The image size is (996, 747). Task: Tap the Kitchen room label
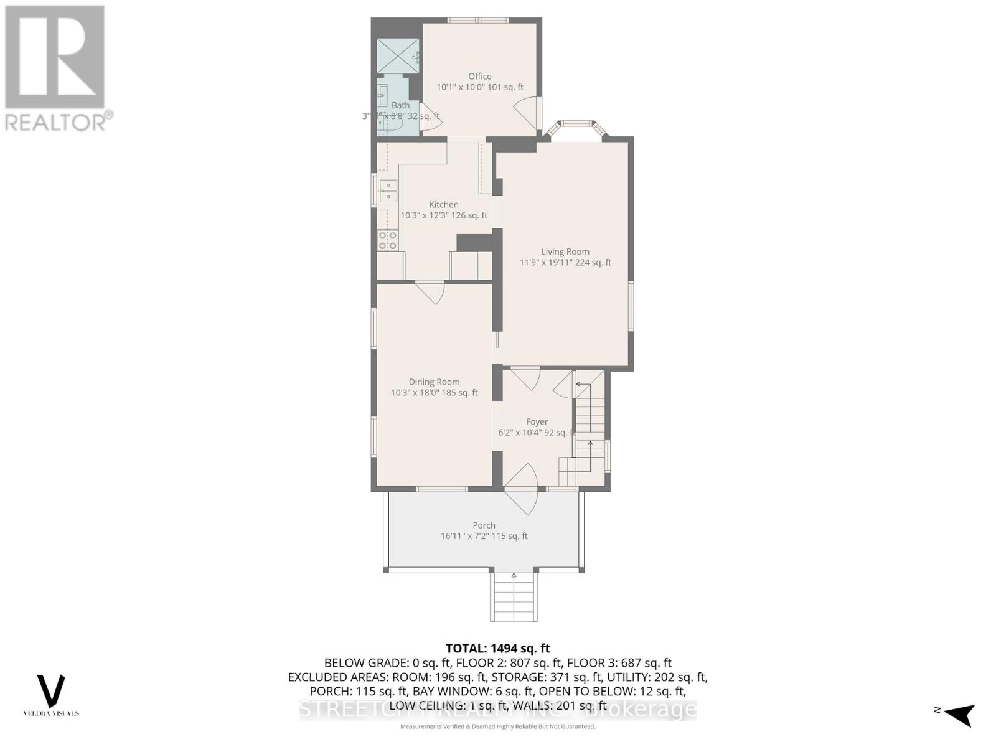coord(443,205)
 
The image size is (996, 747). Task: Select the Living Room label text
coord(565,252)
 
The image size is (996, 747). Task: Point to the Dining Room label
coord(434,382)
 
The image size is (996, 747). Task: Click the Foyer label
coord(537,422)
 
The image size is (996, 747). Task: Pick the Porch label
coord(484,525)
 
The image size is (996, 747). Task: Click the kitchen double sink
coord(388,190)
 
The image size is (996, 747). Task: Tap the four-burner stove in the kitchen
coord(388,240)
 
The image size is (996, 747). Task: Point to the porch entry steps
coord(514,596)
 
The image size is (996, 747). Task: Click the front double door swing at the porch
coord(522,489)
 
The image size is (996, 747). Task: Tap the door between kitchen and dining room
coord(430,292)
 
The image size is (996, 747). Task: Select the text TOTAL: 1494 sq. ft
coord(497,649)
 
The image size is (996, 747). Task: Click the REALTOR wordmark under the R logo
coord(59,121)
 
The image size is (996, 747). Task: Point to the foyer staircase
coord(589,430)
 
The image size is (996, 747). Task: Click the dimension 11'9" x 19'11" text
coord(565,263)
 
